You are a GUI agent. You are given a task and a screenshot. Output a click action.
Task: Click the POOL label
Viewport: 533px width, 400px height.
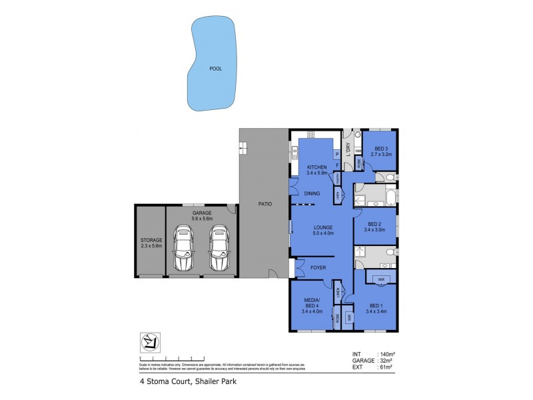point(215,69)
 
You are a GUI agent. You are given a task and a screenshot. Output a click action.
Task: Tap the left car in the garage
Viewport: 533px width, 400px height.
point(183,248)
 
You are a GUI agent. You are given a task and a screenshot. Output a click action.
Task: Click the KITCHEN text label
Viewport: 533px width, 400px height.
point(316,167)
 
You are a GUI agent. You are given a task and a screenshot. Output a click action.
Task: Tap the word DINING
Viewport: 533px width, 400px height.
point(312,194)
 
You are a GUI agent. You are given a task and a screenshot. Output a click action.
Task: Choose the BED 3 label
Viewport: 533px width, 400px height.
point(382,148)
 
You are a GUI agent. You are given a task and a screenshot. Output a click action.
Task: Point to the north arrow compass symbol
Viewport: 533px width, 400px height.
point(151,343)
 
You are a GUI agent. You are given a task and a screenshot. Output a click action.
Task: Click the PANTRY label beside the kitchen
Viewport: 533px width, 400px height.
point(338,178)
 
